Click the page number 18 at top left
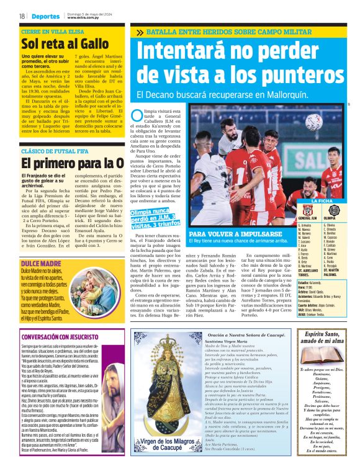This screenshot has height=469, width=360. (x=22, y=16)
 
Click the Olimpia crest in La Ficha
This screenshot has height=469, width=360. (x=332, y=210)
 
